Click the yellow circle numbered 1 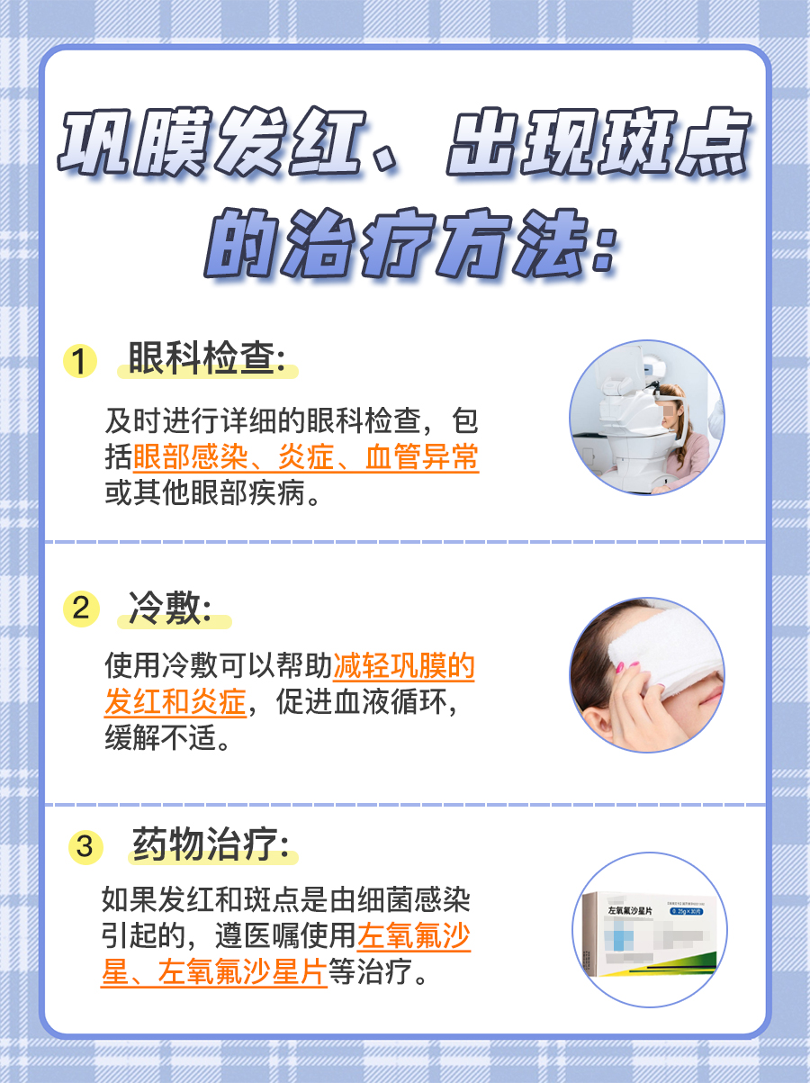point(80,362)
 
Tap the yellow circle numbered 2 point(81,609)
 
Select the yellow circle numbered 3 point(85,847)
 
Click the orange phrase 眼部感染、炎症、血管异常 point(306,458)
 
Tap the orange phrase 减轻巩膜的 point(404,666)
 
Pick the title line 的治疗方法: point(409,243)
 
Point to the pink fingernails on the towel point(633,667)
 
